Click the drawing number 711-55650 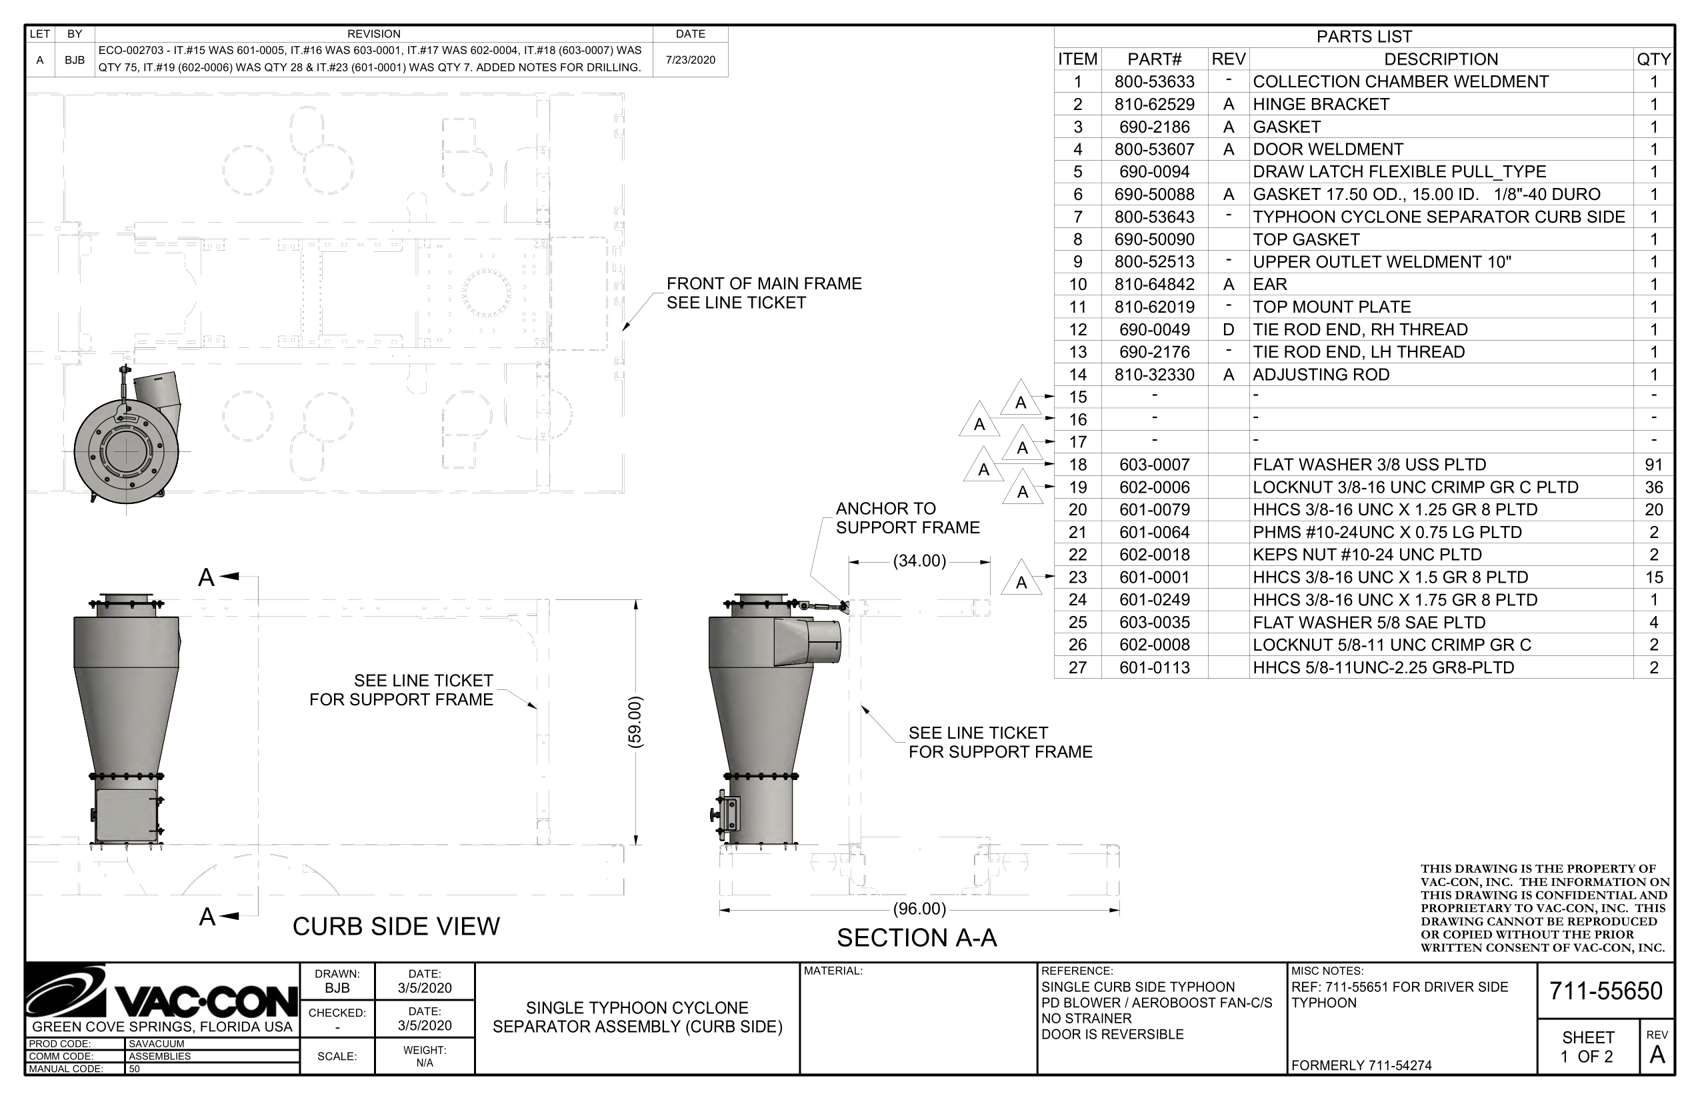click(1605, 991)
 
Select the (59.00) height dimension click(635, 722)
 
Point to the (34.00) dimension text click(919, 561)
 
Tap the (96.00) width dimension click(919, 909)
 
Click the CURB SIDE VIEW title click(396, 927)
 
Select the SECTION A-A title click(917, 938)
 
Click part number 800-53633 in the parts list click(1153, 82)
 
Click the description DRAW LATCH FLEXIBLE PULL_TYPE click(1399, 172)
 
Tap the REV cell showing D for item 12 click(1228, 330)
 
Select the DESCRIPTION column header click(1440, 59)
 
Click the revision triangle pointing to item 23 click(1021, 579)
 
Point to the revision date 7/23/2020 click(690, 60)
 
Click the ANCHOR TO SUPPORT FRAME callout click(907, 518)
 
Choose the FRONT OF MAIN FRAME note click(763, 293)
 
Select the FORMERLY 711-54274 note click(1361, 1065)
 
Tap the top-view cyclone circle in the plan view click(126, 452)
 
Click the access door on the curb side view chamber click(126, 815)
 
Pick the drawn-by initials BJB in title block click(337, 988)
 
